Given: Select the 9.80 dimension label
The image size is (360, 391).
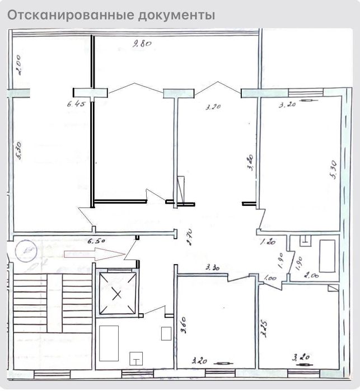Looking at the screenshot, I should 142,44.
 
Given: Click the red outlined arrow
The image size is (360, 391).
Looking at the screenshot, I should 93,254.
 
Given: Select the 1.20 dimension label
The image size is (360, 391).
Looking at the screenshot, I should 268,242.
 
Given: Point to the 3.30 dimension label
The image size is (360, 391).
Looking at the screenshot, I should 213,267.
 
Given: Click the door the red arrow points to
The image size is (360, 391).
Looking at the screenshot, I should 132,252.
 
